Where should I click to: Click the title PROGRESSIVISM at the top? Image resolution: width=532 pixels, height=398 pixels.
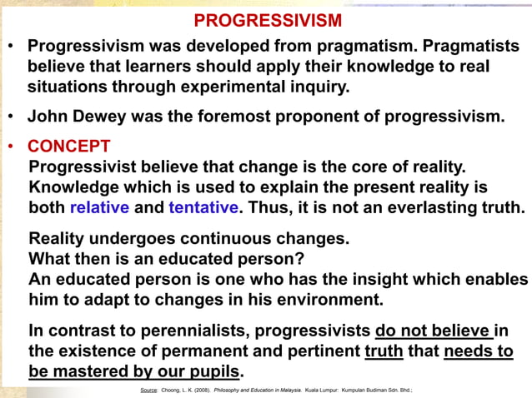point(268,19)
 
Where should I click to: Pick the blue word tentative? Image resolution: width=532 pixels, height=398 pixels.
point(203,207)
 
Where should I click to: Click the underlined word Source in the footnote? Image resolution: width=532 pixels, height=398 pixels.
point(150,389)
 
